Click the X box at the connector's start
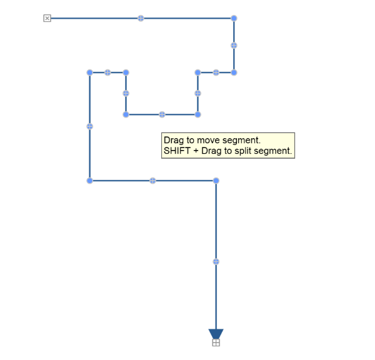[x=47, y=18]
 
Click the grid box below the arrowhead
[x=216, y=342]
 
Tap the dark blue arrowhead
[x=216, y=334]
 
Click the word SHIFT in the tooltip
[x=177, y=151]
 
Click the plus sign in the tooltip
[x=196, y=151]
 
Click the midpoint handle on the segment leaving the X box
[x=141, y=18]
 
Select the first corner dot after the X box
[x=234, y=18]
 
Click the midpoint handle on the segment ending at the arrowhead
[x=216, y=262]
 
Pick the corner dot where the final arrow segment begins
[x=216, y=181]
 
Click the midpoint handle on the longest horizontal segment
[x=141, y=18]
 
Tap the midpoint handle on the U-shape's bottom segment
[x=162, y=114]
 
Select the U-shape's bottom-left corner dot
[x=126, y=114]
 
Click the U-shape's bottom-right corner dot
[x=197, y=114]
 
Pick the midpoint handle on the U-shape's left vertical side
[x=126, y=93]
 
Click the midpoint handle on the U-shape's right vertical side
[x=197, y=93]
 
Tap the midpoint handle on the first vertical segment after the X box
[x=234, y=46]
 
